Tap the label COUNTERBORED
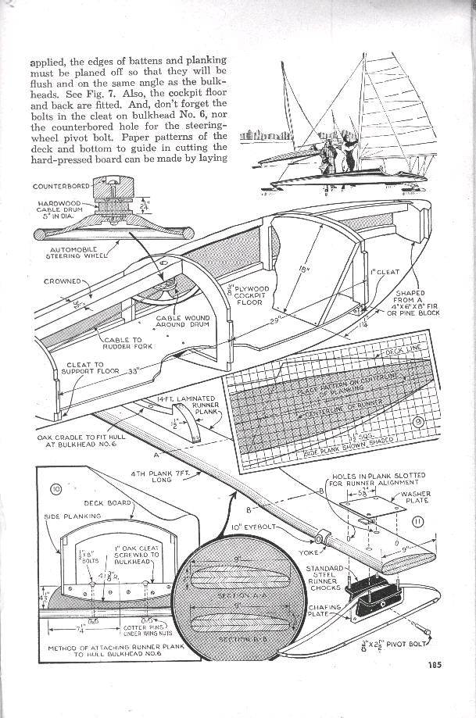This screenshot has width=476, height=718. [59, 187]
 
